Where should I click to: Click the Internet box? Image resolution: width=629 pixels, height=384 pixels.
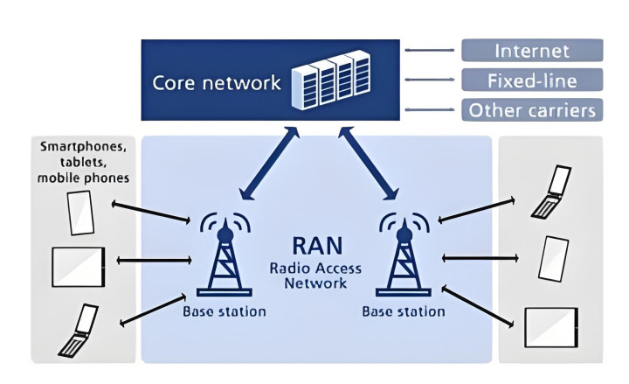tap(531, 50)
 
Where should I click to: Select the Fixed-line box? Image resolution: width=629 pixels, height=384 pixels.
tap(531, 80)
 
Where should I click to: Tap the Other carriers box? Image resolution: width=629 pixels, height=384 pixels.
tap(531, 110)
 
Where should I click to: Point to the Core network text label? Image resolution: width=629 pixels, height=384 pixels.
tap(217, 83)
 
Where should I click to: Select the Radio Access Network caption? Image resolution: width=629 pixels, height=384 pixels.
tap(315, 275)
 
